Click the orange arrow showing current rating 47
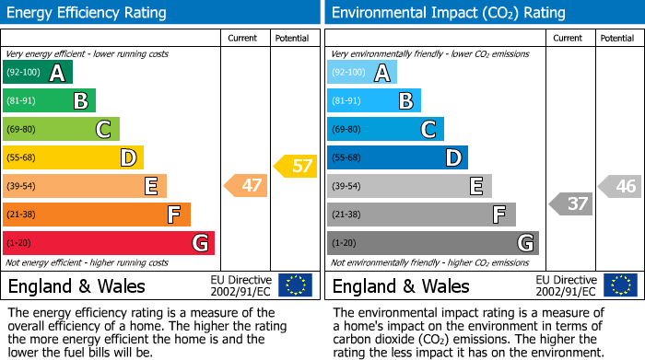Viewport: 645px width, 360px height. [246, 186]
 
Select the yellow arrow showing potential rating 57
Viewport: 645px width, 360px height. [296, 167]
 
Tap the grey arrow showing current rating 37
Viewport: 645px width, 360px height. [571, 204]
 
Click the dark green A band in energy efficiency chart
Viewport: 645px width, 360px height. [38, 73]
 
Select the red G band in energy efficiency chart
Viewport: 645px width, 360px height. [109, 243]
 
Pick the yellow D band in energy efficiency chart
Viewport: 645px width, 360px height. [73, 158]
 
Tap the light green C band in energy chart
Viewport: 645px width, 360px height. [61, 130]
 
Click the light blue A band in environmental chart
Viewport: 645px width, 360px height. [362, 73]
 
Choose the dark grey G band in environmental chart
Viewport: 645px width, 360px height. [432, 243]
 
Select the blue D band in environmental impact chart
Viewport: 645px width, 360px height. [397, 158]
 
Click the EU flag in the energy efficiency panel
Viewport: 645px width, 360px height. [295, 285]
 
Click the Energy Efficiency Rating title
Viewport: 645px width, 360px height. [88, 13]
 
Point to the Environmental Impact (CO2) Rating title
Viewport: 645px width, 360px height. [448, 13]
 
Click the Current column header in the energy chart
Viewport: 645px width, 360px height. [244, 38]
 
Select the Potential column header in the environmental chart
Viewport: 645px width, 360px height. [616, 38]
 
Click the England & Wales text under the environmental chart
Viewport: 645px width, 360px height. [401, 286]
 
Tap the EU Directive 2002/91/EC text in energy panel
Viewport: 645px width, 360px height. [240, 285]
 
